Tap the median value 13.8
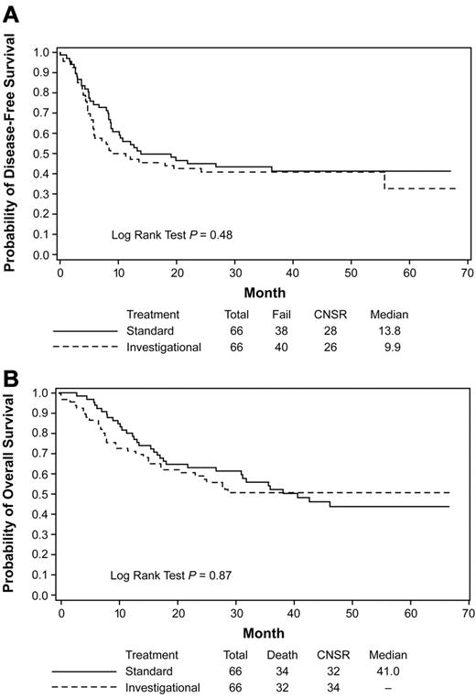pos(382,330)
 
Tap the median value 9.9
pos(384,347)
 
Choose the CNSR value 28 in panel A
pos(333,330)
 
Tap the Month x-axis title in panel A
pos(262,293)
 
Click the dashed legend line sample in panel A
pos(84,347)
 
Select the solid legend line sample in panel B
pos(84,671)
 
